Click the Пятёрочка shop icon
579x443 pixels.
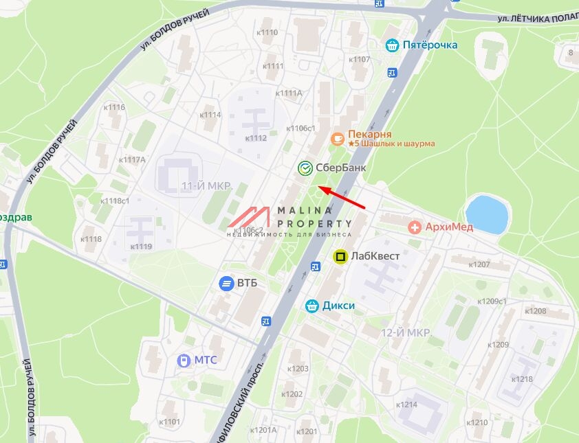pyautogui.click(x=393, y=45)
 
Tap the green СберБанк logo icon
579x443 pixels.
pyautogui.click(x=305, y=168)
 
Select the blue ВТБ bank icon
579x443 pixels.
pyautogui.click(x=226, y=283)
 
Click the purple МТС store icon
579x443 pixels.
pyautogui.click(x=183, y=360)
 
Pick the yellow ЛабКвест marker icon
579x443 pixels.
pyautogui.click(x=340, y=257)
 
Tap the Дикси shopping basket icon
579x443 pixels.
pyautogui.click(x=312, y=306)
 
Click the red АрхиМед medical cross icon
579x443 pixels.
pyautogui.click(x=415, y=227)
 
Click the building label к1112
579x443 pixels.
pyautogui.click(x=256, y=138)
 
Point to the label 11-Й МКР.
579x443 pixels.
pyautogui.click(x=206, y=187)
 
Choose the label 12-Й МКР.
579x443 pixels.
pyautogui.click(x=406, y=332)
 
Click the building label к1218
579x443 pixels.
pyautogui.click(x=523, y=379)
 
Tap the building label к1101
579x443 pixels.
pyautogui.click(x=169, y=422)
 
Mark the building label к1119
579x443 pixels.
pyautogui.click(x=141, y=246)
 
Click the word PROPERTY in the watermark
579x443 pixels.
pyautogui.click(x=314, y=223)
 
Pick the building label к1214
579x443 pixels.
pyautogui.click(x=406, y=405)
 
